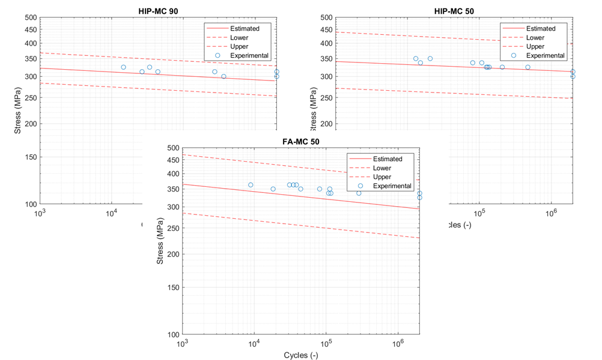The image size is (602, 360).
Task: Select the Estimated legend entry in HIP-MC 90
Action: pyautogui.click(x=243, y=28)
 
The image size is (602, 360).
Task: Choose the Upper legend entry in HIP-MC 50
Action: pyautogui.click(x=535, y=46)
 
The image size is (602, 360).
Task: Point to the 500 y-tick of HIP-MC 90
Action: pyautogui.click(x=30, y=17)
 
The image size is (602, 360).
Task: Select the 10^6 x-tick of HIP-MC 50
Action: pyautogui.click(x=551, y=212)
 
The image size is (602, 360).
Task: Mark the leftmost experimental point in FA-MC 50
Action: pyautogui.click(x=251, y=185)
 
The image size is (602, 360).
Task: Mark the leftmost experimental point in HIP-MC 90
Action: pyautogui.click(x=123, y=67)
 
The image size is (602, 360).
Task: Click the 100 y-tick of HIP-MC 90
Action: pyautogui.click(x=30, y=204)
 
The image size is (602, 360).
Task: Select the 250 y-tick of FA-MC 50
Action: pyautogui.click(x=172, y=225)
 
